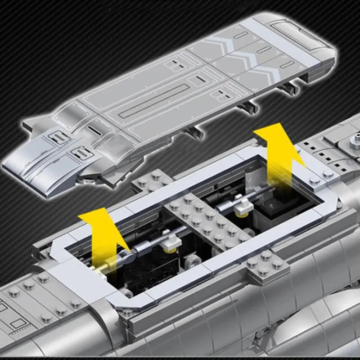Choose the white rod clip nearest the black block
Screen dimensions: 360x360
pyautogui.click(x=243, y=206)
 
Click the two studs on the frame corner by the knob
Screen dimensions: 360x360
pyautogui.click(x=321, y=176)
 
